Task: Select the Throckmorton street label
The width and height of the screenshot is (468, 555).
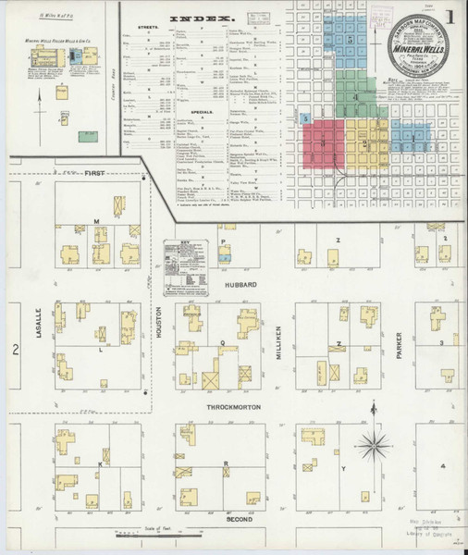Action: pos(227,406)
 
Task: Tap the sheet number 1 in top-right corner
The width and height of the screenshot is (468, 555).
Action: pos(448,17)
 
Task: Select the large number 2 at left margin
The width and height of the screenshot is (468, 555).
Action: pos(16,349)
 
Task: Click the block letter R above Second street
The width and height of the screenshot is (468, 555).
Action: pos(226,463)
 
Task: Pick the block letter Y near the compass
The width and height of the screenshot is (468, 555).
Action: pos(343,470)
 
